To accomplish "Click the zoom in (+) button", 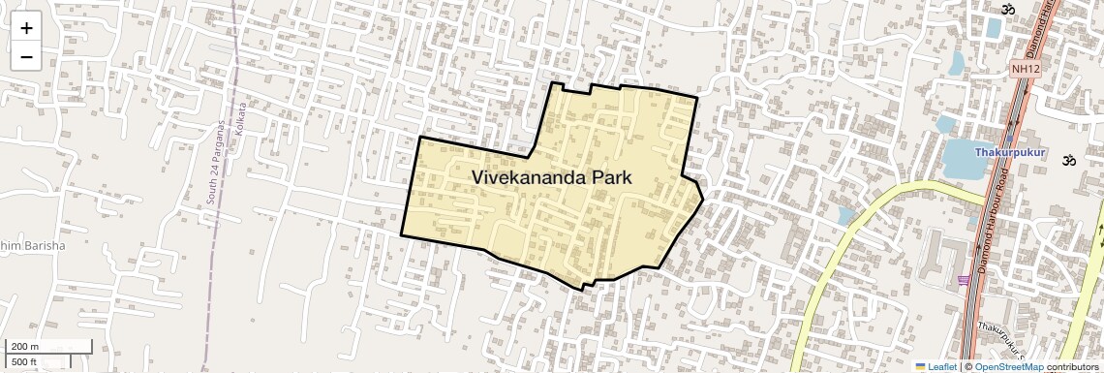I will pos(26,28).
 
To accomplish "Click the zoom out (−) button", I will pos(26,56).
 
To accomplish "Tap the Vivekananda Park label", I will pos(551,177).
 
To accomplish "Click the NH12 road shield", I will pos(1025,69).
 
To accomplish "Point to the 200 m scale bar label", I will pos(25,347).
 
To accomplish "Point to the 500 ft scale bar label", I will pos(24,362).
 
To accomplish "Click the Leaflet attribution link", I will pos(941,367).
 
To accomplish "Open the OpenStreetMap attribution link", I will pos(1008,367).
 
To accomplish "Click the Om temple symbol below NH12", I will pos(1069,160).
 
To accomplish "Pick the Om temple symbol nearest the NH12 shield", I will pos(1007,9).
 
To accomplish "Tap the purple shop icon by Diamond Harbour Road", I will pos(965,281).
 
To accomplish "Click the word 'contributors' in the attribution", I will pos(1073,367).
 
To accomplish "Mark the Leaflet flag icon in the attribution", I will pos(921,367).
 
